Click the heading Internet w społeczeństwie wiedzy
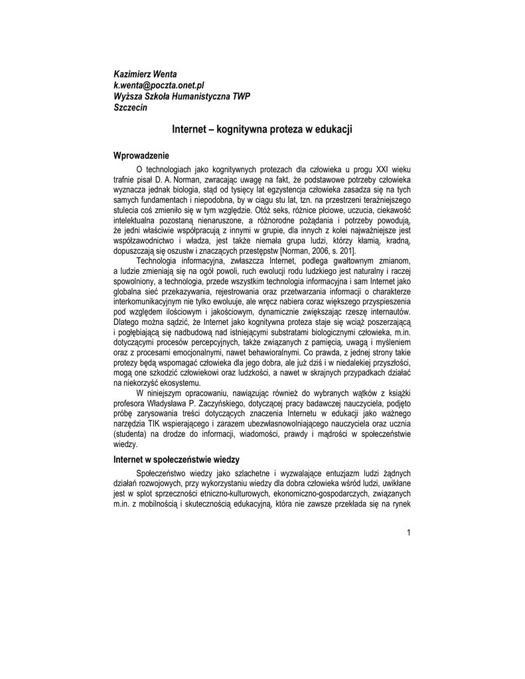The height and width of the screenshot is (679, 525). pos(177,460)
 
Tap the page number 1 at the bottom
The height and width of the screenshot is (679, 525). pos(409,534)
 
